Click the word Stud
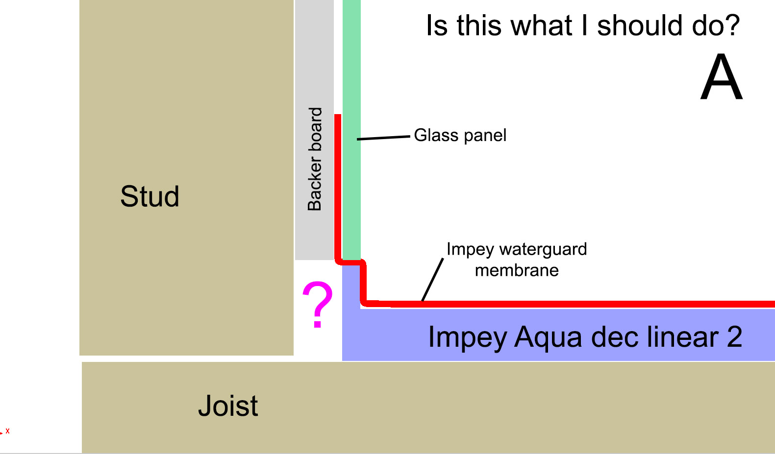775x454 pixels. pos(150,196)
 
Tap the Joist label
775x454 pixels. pos(228,406)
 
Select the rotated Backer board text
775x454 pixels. pos(315,159)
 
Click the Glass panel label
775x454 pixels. pos(460,135)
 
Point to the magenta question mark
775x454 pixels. pos(318,304)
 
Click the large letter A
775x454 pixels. pos(722,77)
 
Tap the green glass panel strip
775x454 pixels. pos(351,130)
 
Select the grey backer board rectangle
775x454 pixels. pos(315,130)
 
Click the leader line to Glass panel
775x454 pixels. pos(383,138)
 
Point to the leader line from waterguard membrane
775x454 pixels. pos(432,279)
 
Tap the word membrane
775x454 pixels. pos(517,270)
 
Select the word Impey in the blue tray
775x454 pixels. pos(468,337)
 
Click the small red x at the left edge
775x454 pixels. pos(7,431)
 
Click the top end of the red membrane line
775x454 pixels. pos(338,115)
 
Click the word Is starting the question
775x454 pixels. pos(437,25)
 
